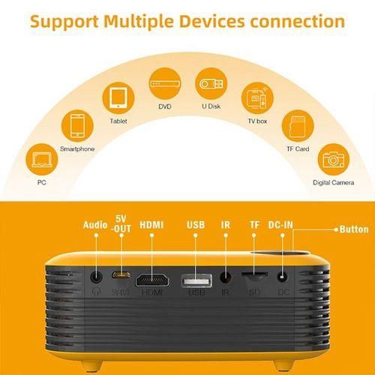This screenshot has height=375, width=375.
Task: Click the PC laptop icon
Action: click(x=42, y=160)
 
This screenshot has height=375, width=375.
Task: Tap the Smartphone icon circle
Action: click(x=77, y=126)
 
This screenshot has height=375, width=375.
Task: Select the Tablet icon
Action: click(x=118, y=98)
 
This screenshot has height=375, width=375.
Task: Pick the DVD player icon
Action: click(x=165, y=84)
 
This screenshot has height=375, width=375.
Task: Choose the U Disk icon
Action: click(x=211, y=84)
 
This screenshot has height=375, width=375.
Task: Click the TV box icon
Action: click(x=257, y=98)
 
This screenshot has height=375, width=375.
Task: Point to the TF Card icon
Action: click(x=298, y=126)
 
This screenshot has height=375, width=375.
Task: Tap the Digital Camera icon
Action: click(x=334, y=160)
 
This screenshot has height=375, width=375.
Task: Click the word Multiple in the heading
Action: click(x=139, y=21)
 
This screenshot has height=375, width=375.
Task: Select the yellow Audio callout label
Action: click(x=95, y=225)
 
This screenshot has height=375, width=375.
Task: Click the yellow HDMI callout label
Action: click(x=151, y=225)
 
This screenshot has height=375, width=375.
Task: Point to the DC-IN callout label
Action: click(x=280, y=225)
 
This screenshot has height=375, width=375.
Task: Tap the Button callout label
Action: click(x=354, y=229)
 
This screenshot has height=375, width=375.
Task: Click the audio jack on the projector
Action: click(x=96, y=277)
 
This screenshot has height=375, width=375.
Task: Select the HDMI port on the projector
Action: click(x=152, y=280)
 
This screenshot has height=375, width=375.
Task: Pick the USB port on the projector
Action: click(x=196, y=280)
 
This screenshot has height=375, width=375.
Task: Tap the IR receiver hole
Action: click(x=226, y=277)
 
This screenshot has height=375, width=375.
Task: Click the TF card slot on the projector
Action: click(x=254, y=274)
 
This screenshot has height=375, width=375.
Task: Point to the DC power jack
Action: click(x=283, y=277)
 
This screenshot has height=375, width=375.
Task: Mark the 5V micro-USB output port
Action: click(x=121, y=274)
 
